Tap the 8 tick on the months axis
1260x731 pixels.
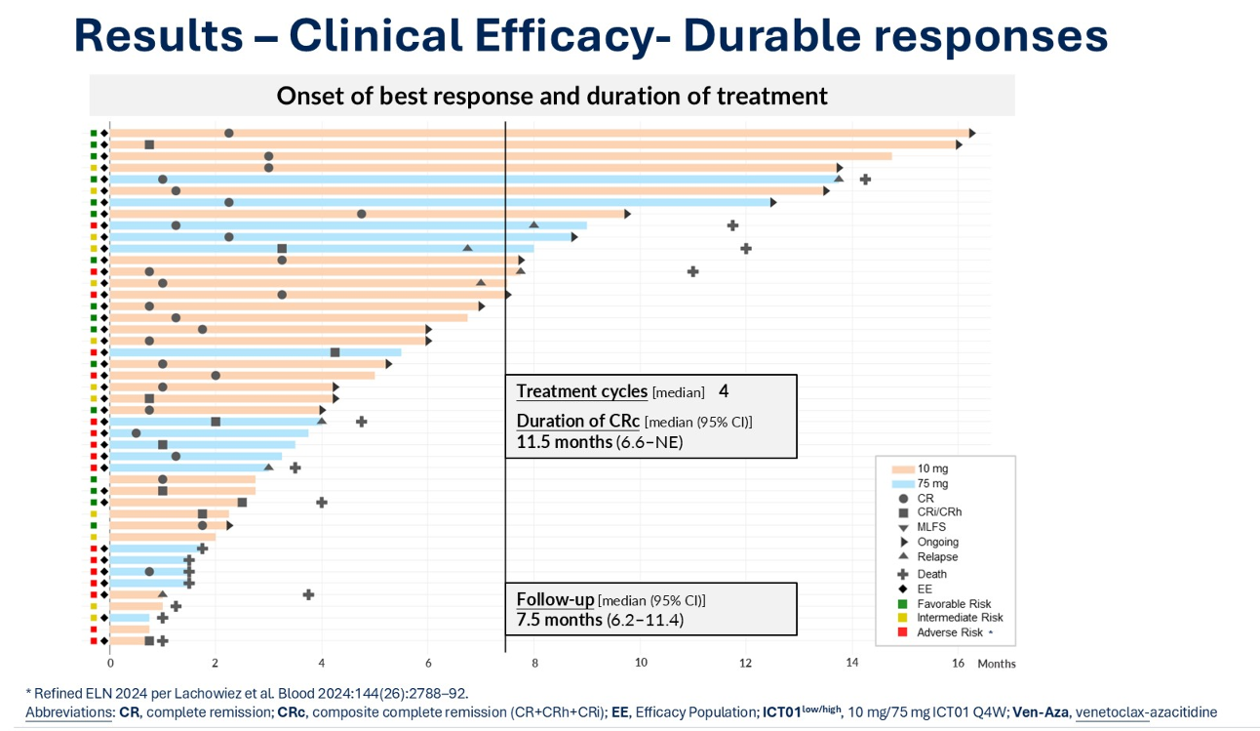point(534,663)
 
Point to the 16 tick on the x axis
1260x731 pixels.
point(958,663)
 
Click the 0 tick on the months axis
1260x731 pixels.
point(110,663)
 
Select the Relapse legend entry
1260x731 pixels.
point(937,556)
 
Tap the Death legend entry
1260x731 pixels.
point(931,574)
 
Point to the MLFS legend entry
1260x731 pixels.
point(932,527)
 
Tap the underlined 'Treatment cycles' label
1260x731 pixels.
point(581,391)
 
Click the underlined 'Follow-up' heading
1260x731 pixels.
point(555,599)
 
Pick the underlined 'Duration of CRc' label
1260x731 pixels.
point(577,421)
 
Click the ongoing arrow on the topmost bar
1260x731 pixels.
point(971,133)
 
